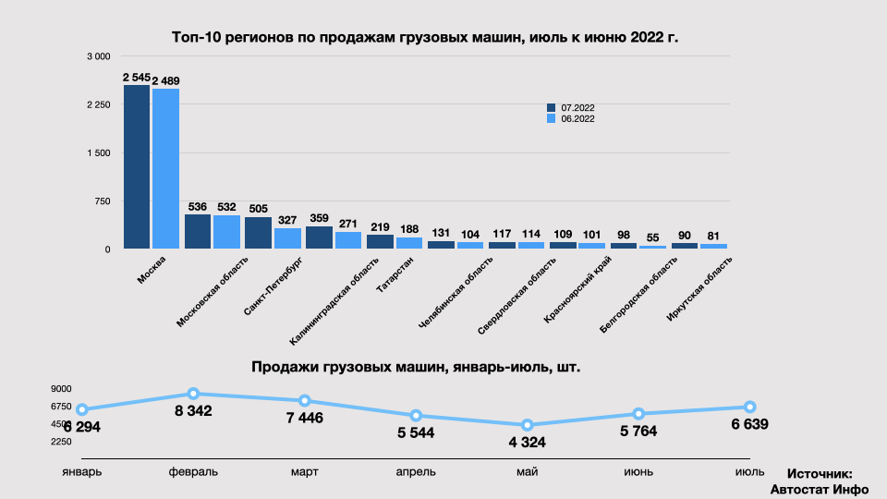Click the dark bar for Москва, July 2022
137,166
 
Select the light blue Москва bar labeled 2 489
165,168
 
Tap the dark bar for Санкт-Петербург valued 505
258,233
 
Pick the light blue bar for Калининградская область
348,240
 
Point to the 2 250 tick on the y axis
98,105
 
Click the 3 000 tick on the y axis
98,57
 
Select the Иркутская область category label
699,290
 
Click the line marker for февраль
194,395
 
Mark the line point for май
528,425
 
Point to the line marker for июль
750,408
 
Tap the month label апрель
416,471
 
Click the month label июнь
638,471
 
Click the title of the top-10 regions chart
431,38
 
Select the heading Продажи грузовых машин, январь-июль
416,367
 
